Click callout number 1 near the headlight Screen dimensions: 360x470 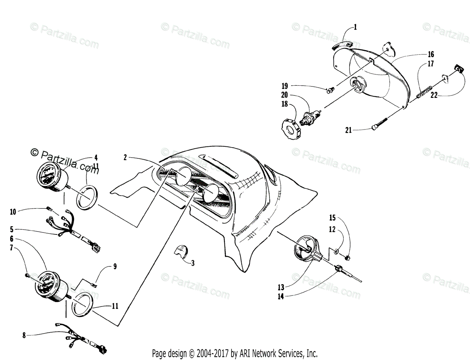(x=355, y=27)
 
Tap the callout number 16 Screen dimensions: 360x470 (x=431, y=54)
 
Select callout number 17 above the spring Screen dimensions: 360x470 (x=431, y=64)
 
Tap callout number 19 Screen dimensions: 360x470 (x=284, y=86)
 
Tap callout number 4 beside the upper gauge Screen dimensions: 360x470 (x=96, y=158)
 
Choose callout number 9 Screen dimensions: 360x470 (x=115, y=266)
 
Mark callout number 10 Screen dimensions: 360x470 (x=13, y=212)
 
